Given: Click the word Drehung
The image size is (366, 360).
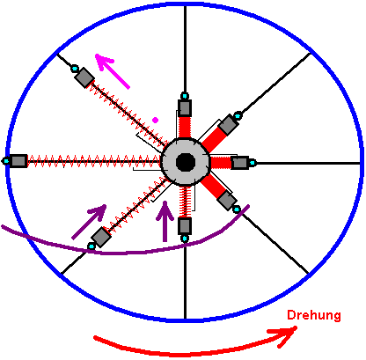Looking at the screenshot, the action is (x=314, y=315).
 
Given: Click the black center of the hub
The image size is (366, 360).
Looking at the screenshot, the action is (x=186, y=162).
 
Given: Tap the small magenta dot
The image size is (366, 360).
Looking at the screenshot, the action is (x=155, y=120).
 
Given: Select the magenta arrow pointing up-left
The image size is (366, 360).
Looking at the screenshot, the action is (x=113, y=71).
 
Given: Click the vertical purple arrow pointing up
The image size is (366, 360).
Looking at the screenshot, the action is (x=165, y=222).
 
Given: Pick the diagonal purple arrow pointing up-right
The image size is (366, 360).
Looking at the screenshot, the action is (x=89, y=222).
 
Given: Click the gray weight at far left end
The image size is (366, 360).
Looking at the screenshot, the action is (x=18, y=161).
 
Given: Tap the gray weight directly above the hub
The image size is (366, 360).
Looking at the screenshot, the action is (x=185, y=108).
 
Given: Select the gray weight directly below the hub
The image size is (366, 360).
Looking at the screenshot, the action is (x=185, y=226).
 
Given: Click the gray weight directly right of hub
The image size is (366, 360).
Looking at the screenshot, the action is (x=240, y=163).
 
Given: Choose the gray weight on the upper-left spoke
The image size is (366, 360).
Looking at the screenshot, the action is (x=84, y=77).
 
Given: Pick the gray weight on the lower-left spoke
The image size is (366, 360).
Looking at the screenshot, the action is (x=101, y=237).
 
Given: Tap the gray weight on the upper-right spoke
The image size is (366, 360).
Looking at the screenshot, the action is (x=229, y=125).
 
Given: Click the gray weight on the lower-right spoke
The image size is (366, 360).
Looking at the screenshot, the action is (x=227, y=201).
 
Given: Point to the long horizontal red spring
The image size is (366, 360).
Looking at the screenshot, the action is (x=94, y=161).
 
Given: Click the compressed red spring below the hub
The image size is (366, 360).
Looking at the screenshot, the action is (x=185, y=202).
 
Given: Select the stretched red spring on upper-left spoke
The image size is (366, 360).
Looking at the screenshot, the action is (x=128, y=114).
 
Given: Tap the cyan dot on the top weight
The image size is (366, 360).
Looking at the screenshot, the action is (x=185, y=96).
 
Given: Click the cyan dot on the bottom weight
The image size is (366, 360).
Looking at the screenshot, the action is (x=185, y=239).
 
